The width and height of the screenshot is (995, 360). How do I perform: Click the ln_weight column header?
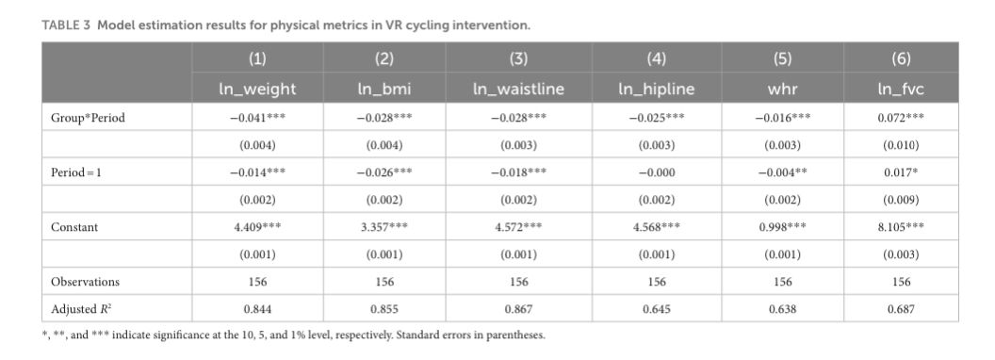tap(257, 89)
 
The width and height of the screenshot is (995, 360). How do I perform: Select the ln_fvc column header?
tap(901, 89)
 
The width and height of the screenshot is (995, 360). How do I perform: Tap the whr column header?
tap(782, 89)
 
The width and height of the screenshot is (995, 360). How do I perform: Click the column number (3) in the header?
tap(518, 59)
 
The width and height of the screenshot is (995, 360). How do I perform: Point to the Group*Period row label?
tap(88, 118)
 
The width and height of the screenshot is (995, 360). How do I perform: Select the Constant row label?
tap(74, 227)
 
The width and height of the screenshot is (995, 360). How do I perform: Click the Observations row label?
tap(85, 281)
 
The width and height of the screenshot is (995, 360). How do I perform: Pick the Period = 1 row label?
tap(76, 172)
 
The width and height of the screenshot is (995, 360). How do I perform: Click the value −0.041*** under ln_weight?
tap(257, 118)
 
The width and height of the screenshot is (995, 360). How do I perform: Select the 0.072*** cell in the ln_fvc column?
tap(901, 118)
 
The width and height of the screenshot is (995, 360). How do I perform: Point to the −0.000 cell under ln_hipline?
tap(657, 172)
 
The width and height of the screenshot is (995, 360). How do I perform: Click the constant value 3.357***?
tap(383, 227)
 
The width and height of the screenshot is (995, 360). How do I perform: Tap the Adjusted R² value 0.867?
tap(518, 309)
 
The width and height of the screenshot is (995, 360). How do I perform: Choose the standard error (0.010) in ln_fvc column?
tap(901, 145)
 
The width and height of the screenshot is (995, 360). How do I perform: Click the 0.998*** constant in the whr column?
tap(782, 227)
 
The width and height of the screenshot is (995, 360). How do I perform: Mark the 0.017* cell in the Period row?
tap(901, 172)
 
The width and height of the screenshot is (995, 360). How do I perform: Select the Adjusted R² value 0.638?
tap(782, 309)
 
